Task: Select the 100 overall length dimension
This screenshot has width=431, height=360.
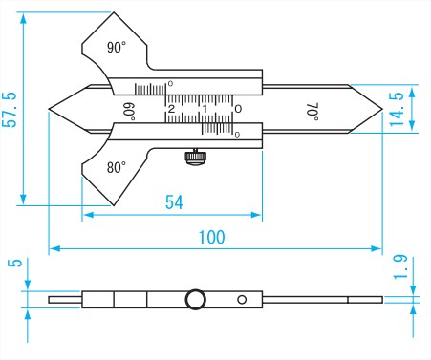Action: coord(211,237)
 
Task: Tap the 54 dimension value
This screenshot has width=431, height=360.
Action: coord(174,202)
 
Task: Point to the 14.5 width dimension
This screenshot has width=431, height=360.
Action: coord(397,109)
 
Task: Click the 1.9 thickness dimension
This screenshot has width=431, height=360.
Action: coord(400,266)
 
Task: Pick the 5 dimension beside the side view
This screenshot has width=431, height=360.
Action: coord(15,263)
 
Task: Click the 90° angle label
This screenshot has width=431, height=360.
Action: coord(117,48)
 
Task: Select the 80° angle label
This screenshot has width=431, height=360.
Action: coord(117,167)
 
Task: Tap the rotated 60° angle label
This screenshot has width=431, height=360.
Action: coord(130,112)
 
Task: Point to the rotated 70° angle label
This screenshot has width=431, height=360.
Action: coord(312,112)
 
